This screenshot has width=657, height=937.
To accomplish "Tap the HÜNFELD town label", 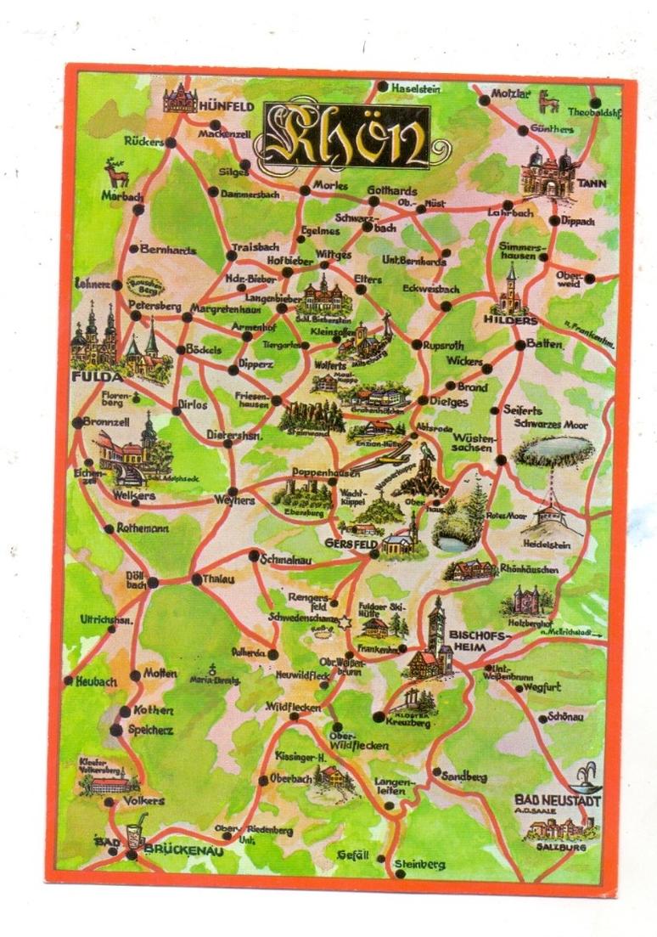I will point(226,106).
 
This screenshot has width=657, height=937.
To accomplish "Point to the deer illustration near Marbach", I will point(116,174).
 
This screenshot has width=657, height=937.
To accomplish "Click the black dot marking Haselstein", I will point(384,87).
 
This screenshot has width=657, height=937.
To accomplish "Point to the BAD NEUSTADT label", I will point(557,800).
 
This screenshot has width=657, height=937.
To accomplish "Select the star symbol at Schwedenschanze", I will point(345,624).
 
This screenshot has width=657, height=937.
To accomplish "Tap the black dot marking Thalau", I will point(197,580).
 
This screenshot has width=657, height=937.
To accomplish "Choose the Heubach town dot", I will point(69,680).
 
